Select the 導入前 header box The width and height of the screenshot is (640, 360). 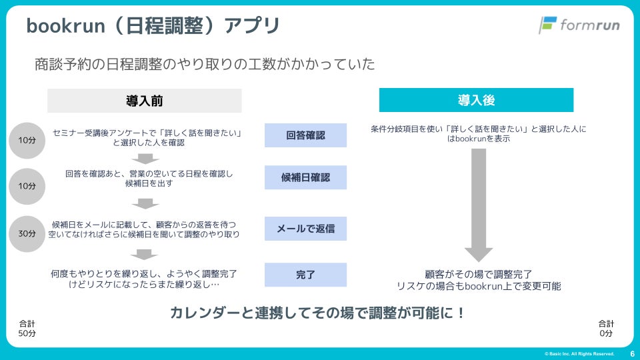(x=144, y=101)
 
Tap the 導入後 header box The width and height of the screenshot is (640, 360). (x=476, y=101)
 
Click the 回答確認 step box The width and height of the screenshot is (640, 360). (x=305, y=135)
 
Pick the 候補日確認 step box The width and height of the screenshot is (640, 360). (x=305, y=178)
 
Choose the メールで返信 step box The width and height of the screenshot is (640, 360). (x=305, y=229)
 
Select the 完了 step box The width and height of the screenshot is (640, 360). (x=305, y=275)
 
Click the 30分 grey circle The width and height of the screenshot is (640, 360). (x=27, y=234)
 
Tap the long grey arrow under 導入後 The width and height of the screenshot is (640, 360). (x=478, y=203)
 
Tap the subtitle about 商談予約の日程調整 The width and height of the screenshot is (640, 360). (x=205, y=64)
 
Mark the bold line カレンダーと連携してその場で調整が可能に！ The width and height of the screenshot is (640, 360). (x=317, y=312)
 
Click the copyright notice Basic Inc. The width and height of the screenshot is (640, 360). (x=579, y=354)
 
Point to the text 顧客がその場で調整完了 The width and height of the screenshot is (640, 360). (x=478, y=273)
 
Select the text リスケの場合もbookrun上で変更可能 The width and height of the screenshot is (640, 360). (x=478, y=286)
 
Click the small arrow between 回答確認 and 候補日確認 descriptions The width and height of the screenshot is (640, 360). (x=145, y=159)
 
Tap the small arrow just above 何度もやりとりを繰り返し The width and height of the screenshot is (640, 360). (x=145, y=254)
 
